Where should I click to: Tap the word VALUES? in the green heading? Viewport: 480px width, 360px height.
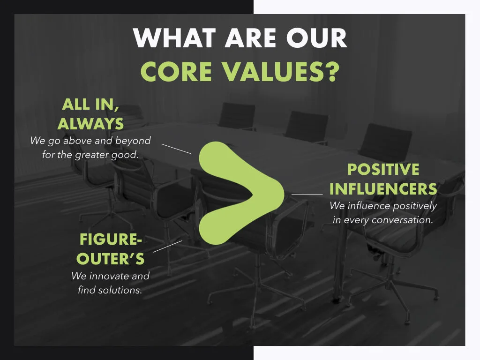(287, 71)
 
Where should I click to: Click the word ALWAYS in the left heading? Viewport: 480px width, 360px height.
(90, 124)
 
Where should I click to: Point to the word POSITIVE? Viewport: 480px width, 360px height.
(383, 170)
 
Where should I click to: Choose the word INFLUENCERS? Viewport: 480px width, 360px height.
(383, 189)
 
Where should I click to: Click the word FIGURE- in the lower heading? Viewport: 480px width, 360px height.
(110, 239)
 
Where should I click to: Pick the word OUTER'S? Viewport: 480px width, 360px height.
(111, 259)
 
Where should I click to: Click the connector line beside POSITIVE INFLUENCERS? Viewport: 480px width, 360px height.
(307, 194)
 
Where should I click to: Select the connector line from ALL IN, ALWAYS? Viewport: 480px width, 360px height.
(176, 149)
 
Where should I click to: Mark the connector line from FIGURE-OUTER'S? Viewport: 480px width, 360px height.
(168, 246)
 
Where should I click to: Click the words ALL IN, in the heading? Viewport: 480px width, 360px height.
(90, 104)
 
